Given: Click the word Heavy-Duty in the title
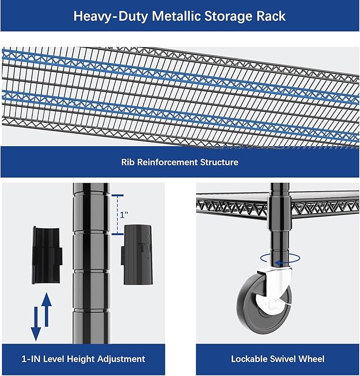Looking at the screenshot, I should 110,16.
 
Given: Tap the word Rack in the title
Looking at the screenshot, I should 270,16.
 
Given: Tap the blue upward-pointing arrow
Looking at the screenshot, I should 47,309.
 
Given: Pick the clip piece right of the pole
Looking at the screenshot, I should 136,254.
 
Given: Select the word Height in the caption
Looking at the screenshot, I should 84,359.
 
